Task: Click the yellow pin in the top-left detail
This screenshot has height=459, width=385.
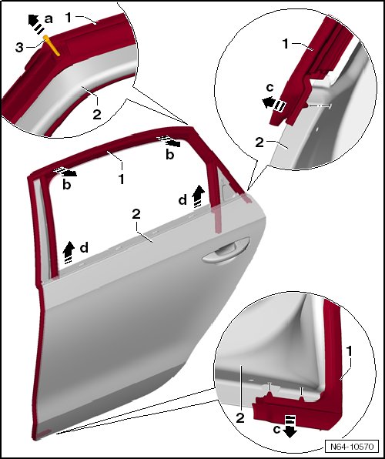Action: coord(52,45)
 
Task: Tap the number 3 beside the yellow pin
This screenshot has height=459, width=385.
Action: coord(19,48)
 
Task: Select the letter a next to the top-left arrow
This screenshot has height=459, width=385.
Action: coord(49,19)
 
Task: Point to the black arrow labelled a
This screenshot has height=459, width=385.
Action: coord(35,23)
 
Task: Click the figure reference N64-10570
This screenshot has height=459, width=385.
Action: coord(352,447)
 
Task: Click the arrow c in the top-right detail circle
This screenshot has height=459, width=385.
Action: coord(273,104)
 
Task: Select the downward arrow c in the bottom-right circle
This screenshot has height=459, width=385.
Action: coord(290,426)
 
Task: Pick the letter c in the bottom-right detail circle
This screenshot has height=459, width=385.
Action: coord(277,430)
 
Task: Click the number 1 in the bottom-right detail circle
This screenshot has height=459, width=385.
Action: coord(349,351)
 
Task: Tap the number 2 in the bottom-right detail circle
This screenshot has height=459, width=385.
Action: coord(240,417)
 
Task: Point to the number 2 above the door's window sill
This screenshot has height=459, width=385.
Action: coord(136,214)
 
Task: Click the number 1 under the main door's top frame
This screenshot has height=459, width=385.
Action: coord(122,179)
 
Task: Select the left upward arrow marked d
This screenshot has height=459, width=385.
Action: coord(69,253)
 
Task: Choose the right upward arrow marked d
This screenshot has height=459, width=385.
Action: coord(199,196)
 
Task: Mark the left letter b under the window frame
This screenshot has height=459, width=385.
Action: coord(67,185)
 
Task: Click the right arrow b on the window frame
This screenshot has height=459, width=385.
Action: coord(169,142)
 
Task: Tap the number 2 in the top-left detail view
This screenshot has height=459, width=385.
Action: coord(97,114)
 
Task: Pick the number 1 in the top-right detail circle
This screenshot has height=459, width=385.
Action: coord(286,44)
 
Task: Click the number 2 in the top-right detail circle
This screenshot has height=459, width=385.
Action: coord(259,142)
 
